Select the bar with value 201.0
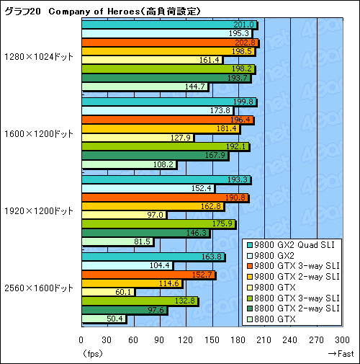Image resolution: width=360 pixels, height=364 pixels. click(169, 25)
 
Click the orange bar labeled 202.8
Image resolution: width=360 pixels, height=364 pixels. click(170, 43)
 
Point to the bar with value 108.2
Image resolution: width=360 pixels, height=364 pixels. click(129, 164)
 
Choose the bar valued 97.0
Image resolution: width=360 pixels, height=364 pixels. click(124, 215)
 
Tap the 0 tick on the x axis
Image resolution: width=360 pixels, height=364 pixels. click(81, 342)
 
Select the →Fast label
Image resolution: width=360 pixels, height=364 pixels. click(341, 353)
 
